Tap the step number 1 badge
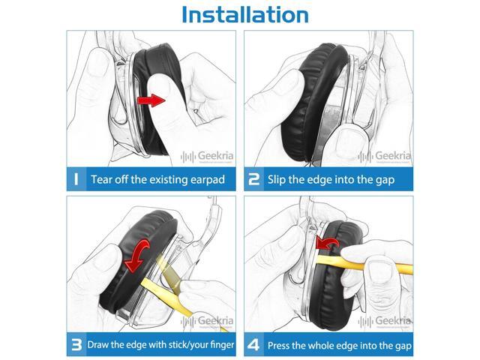coord(76,179)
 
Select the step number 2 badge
coord(254,179)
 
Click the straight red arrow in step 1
coord(153,100)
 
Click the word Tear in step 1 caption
coord(103,180)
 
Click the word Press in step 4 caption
coord(283,345)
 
